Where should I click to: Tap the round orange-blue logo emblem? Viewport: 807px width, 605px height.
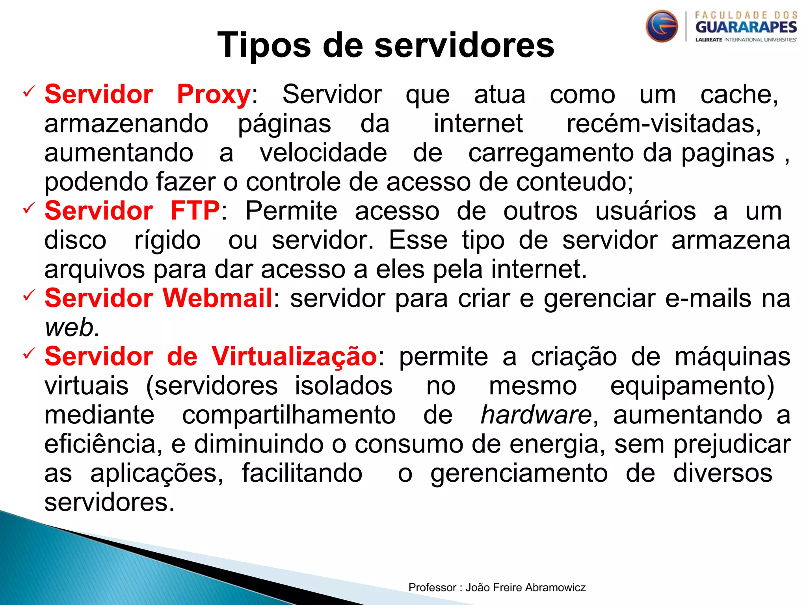[662, 26]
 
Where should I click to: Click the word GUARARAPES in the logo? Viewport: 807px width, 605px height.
[746, 27]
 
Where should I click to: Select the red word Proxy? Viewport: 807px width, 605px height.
[214, 95]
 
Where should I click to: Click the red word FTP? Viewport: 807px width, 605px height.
[195, 211]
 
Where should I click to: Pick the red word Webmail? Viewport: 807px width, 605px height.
[218, 298]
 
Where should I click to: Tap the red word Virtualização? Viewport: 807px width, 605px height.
[294, 356]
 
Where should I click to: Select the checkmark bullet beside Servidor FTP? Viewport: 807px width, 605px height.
[29, 208]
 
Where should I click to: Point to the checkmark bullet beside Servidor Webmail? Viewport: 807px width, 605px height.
[29, 295]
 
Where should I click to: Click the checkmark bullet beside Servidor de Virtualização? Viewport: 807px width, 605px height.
[29, 354]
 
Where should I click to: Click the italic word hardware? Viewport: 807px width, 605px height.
[536, 415]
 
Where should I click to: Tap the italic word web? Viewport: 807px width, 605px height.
[72, 327]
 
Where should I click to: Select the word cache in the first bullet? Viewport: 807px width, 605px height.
[739, 95]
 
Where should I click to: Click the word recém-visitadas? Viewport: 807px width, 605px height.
[664, 124]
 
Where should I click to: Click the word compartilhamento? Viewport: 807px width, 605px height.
[289, 415]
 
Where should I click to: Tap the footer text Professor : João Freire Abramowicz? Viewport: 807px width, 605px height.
[497, 587]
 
